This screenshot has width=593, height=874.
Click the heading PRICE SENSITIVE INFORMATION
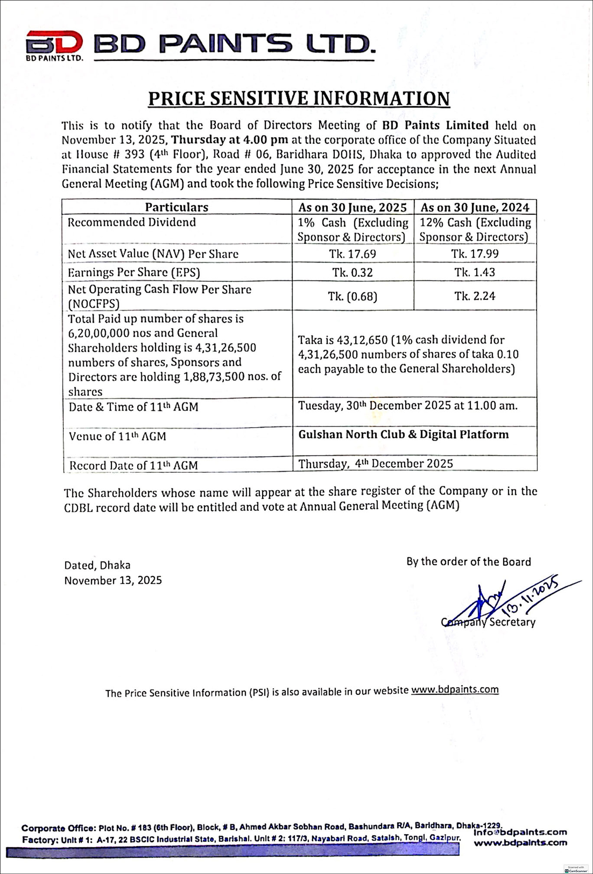click(x=299, y=99)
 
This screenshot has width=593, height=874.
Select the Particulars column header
click(x=176, y=207)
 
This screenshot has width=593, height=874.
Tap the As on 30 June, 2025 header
click(x=352, y=208)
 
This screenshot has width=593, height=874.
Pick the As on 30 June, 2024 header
click(x=475, y=208)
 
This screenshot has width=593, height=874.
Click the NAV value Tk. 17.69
click(x=352, y=254)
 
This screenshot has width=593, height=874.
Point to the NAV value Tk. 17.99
click(x=475, y=254)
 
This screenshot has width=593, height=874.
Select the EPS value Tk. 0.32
click(x=352, y=273)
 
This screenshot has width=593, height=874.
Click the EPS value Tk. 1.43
click(x=475, y=273)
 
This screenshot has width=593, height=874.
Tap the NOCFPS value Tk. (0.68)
click(x=352, y=296)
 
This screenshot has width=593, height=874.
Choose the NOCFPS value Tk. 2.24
click(x=475, y=296)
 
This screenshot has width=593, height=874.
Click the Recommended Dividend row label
click(x=132, y=222)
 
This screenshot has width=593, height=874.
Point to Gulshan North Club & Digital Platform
click(x=404, y=435)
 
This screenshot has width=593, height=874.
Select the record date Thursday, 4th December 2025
click(x=375, y=464)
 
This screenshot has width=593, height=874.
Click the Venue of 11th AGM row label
click(x=117, y=436)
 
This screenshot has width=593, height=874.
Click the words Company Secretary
click(x=489, y=622)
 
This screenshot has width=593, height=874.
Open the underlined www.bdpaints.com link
click(x=455, y=689)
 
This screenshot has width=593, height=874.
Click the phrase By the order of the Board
click(x=469, y=562)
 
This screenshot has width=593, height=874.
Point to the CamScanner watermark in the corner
click(x=576, y=869)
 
